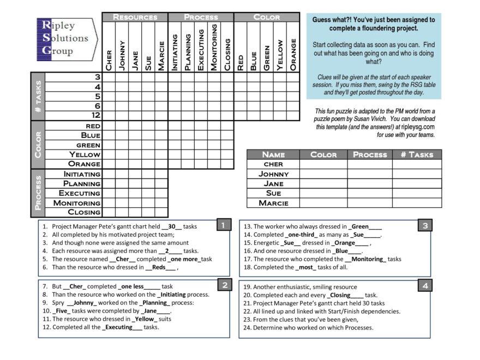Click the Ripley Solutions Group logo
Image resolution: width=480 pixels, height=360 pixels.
coord(64,38)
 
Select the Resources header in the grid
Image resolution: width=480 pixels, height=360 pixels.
coord(135,17)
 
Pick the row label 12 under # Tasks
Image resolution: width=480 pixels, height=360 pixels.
coord(96,115)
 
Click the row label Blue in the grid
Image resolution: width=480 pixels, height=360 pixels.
coord(91,135)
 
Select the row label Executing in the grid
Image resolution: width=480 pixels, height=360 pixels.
coord(80,193)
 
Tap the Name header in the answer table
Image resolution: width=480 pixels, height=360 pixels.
coord(273,154)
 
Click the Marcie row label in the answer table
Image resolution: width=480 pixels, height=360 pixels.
coord(273,203)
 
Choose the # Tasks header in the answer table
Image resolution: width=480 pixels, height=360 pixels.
coord(417,154)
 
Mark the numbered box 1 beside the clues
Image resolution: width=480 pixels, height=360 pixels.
coord(223,225)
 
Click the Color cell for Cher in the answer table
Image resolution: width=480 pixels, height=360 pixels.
coord(323,164)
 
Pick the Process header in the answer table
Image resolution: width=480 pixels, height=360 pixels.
coord(370,154)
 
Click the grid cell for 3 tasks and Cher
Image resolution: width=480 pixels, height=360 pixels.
coord(109,77)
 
